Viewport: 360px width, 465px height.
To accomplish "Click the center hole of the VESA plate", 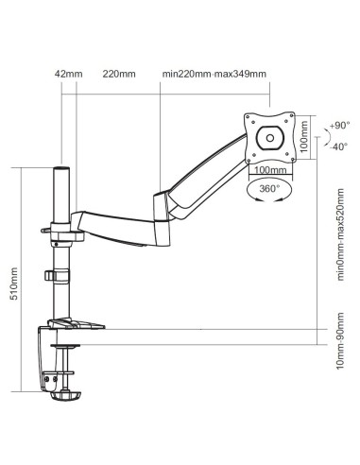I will (270, 138).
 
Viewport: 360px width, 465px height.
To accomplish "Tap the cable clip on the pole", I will (53, 275).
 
